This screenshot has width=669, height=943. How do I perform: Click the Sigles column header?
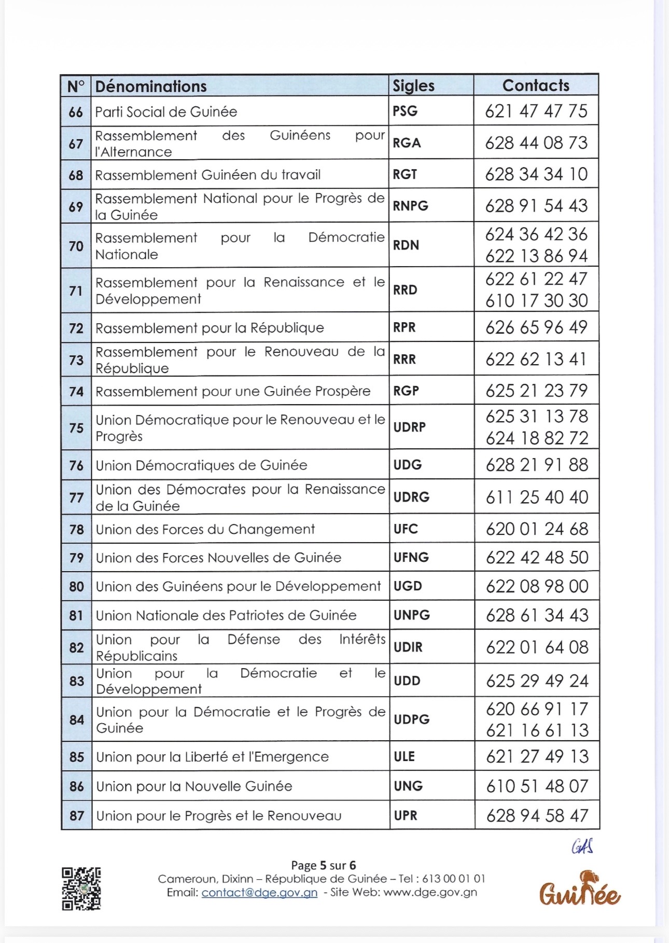point(413,86)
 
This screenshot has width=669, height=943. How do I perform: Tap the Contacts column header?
point(536,86)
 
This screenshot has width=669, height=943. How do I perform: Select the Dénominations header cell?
point(151,86)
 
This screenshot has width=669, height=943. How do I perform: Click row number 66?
point(76,112)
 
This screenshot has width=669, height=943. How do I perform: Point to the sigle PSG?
point(405,111)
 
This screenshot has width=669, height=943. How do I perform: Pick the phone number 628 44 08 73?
point(536,143)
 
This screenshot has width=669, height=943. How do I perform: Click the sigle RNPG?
point(410,206)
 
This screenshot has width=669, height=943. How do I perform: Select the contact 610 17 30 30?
point(536,301)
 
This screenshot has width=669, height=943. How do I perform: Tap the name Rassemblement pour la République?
point(210,328)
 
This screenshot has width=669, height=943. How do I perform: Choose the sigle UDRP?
point(409,427)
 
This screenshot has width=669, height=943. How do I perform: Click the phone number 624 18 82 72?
point(537,438)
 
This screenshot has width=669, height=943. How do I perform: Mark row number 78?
point(76,529)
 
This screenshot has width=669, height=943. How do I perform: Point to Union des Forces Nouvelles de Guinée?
point(218,558)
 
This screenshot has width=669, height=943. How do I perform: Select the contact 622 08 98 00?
point(537,587)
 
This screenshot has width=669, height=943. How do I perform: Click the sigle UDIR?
point(408,647)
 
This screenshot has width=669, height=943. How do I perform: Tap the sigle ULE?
point(404,756)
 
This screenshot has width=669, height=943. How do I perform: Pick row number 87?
point(77,815)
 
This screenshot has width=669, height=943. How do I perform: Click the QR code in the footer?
point(81,889)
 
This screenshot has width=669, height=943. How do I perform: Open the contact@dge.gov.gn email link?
point(259,893)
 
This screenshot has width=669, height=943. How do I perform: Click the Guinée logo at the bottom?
point(579,889)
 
